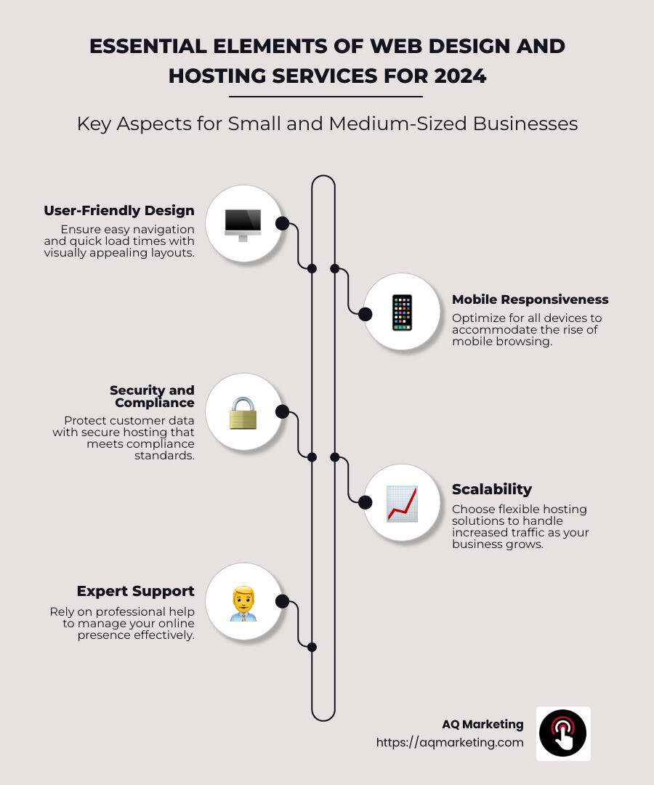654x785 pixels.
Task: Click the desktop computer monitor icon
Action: (243, 224)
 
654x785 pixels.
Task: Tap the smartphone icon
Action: (402, 313)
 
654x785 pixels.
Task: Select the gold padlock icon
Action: (243, 413)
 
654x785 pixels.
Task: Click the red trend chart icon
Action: (402, 504)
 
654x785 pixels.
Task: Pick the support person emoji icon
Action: (243, 603)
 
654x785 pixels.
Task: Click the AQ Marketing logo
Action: (563, 733)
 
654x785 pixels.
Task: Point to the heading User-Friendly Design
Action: (119, 211)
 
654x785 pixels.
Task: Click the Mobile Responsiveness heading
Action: (530, 299)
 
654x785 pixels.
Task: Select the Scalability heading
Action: (491, 489)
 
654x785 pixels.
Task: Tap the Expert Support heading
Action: (136, 591)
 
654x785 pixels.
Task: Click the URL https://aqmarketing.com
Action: (449, 743)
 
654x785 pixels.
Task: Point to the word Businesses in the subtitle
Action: (525, 124)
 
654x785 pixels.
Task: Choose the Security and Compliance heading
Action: (152, 396)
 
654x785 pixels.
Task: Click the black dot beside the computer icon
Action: (283, 223)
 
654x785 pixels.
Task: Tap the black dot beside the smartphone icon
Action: (365, 314)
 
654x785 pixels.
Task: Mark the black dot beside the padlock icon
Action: (283, 412)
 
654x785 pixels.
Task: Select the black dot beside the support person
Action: (283, 602)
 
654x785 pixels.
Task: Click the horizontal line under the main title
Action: (326, 97)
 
